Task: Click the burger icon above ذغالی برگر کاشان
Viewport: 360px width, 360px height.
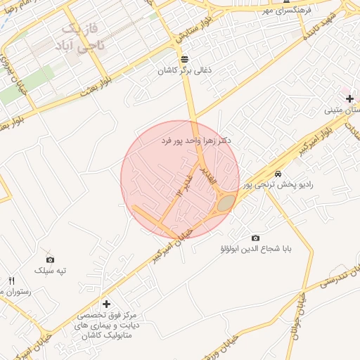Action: coord(184,59)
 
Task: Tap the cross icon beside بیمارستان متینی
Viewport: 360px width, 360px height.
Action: coord(349,98)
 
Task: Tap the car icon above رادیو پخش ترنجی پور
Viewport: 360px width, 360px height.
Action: coord(278,174)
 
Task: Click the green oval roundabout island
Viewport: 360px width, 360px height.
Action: coord(226,204)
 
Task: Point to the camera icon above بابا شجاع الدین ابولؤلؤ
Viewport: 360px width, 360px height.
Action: coord(255,238)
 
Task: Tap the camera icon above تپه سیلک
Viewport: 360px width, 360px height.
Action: coord(50,259)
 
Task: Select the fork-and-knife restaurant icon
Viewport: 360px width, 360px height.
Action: coord(11,281)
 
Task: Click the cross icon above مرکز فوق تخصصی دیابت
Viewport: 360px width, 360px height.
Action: coord(106,304)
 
